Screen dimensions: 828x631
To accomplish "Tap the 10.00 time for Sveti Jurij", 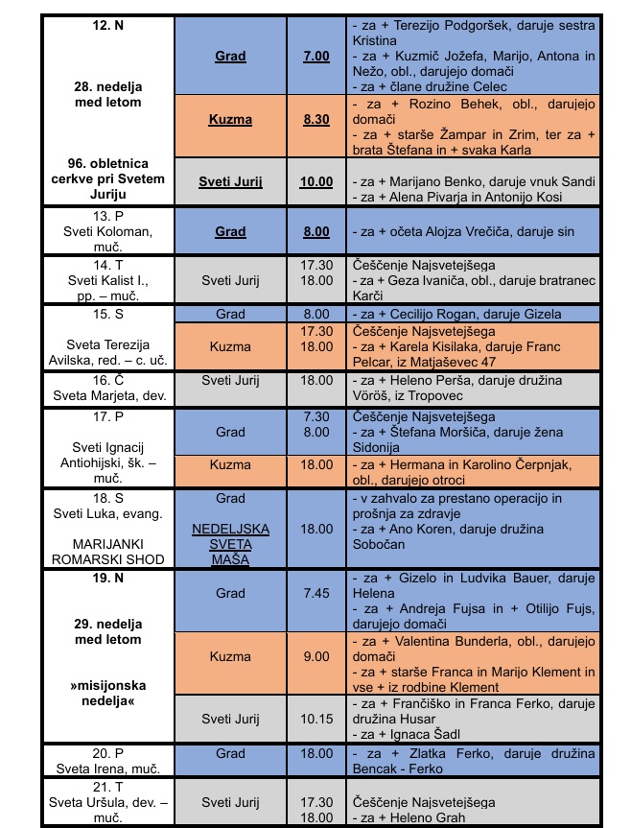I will (x=317, y=181).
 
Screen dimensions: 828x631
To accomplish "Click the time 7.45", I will (x=317, y=594).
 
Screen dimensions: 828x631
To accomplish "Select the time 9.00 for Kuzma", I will (x=317, y=657).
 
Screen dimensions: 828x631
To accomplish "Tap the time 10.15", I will (x=317, y=719).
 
